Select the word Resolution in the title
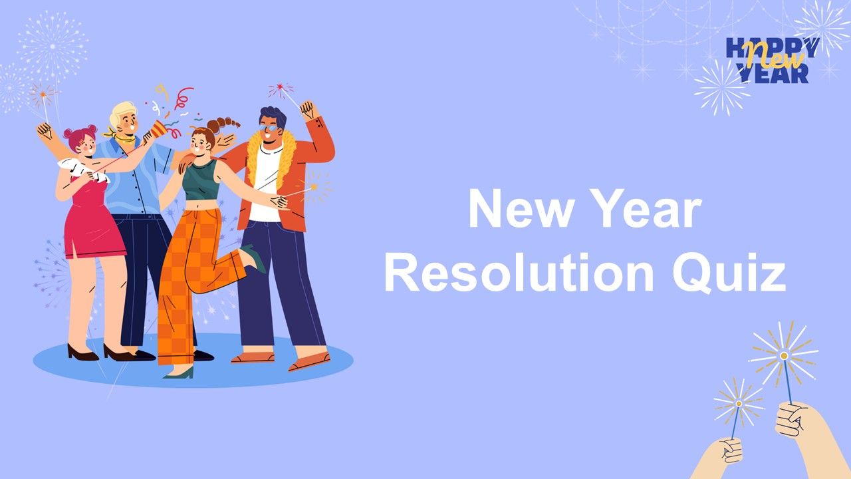pos(519,272)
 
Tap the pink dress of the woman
pos(94,220)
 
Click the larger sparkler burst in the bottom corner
pos(783,355)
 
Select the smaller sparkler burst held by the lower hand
pos(739,403)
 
